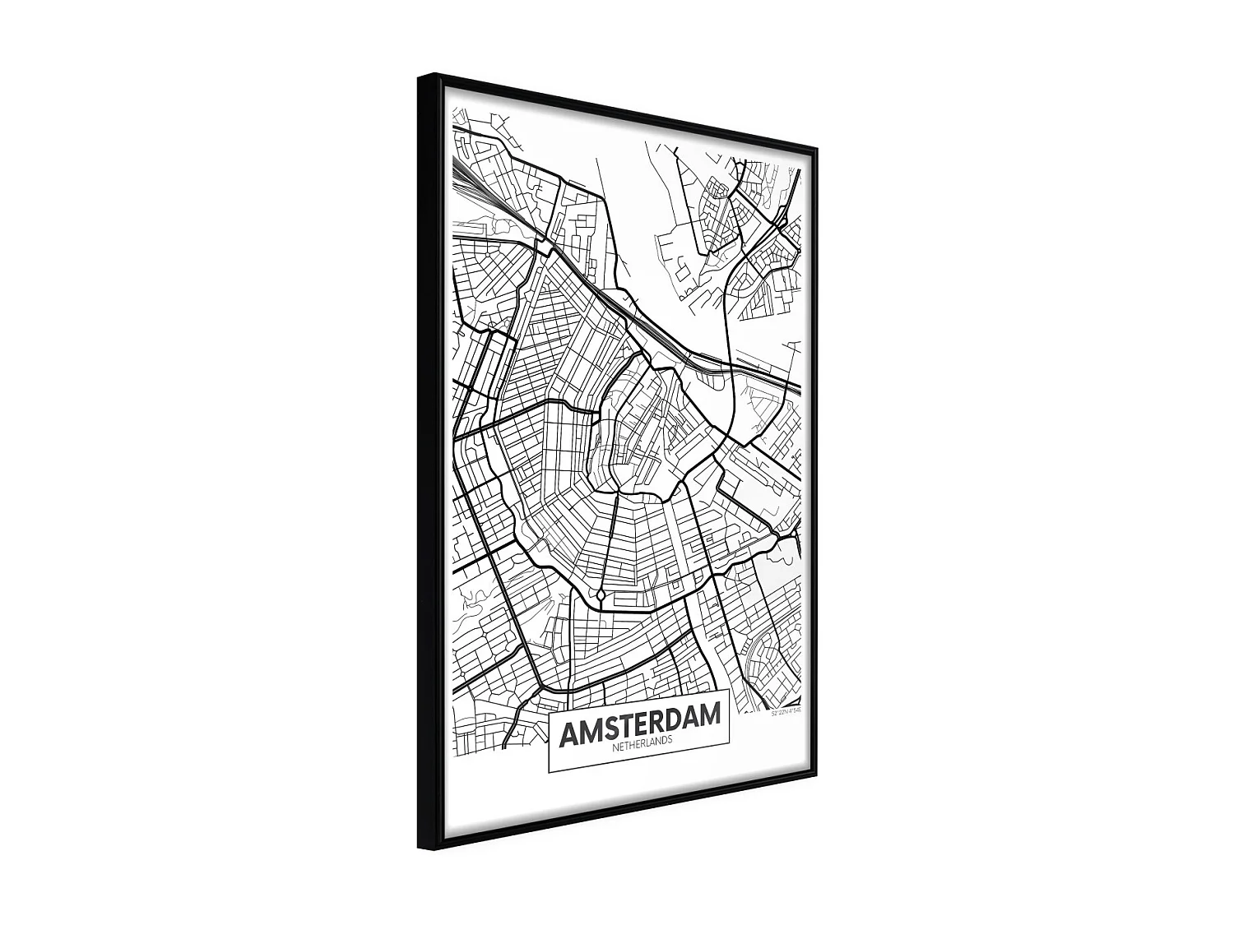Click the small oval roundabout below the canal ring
(601, 594)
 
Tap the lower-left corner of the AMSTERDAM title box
(549, 772)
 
